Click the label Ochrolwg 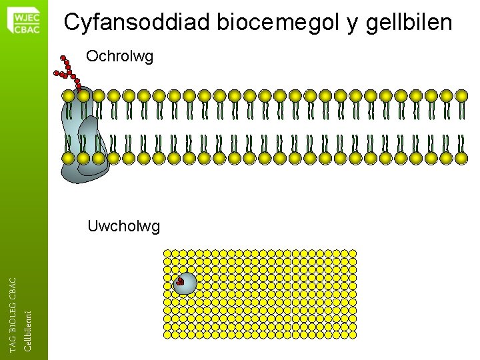click(x=120, y=57)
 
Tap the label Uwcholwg click(x=123, y=227)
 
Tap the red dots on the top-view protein click(x=179, y=281)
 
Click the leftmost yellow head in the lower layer click(x=68, y=158)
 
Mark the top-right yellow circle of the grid click(x=353, y=254)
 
